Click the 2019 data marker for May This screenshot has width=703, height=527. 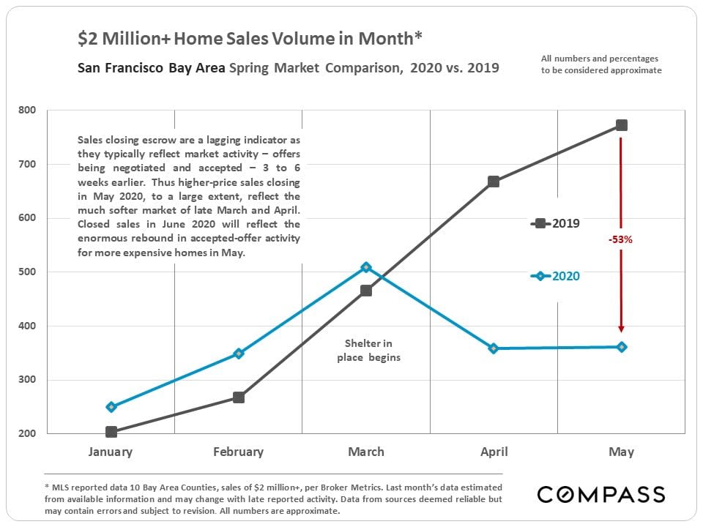point(621,125)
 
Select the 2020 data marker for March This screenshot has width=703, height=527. point(366,267)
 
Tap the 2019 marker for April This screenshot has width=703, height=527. point(494,182)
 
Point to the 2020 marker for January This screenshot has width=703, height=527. point(111,407)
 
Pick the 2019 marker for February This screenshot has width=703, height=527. point(239,397)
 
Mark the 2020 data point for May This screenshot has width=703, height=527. point(621,347)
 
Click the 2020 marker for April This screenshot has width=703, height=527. point(494,348)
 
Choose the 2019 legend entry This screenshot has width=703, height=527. point(557,223)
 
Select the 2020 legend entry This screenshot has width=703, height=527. point(557,276)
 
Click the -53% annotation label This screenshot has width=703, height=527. point(620,239)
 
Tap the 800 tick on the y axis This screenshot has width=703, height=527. point(27,111)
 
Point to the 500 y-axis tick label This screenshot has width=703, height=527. point(27,272)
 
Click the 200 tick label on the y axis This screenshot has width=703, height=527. point(27,433)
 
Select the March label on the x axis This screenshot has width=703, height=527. point(366,452)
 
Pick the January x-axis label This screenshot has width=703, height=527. point(111,452)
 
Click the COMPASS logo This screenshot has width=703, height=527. point(601,494)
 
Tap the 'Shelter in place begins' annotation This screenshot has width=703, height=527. point(369,350)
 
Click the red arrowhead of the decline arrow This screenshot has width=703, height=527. point(621,329)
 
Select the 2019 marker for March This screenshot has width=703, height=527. point(366,291)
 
